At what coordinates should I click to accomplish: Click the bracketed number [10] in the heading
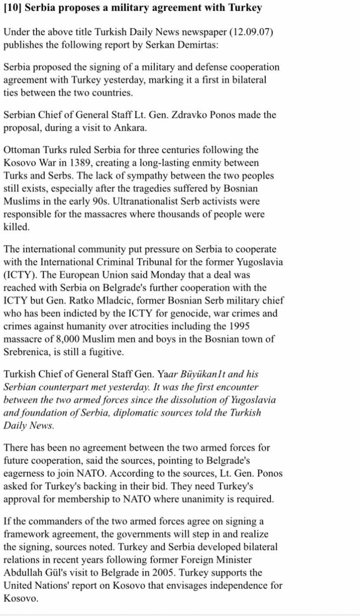pyautogui.click(x=12, y=8)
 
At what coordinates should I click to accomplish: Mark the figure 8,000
pyautogui.click(x=68, y=339)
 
